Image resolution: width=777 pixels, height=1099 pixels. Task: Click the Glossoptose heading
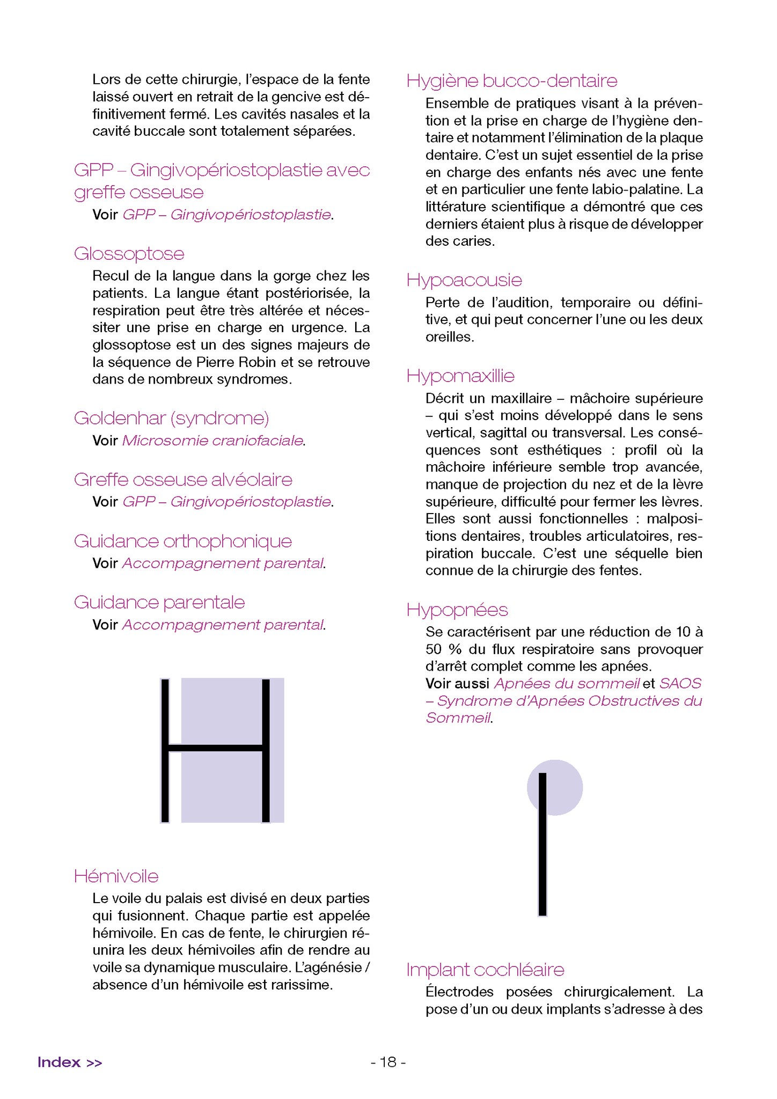point(129,254)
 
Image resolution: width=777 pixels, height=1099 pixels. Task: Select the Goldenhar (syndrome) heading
point(171,418)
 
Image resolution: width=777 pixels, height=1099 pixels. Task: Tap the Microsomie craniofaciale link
point(212,441)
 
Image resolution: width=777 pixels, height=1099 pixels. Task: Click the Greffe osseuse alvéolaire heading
point(183,480)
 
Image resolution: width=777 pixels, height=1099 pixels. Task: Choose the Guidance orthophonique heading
point(182,541)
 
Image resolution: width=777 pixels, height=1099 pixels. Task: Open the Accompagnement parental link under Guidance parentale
point(223,625)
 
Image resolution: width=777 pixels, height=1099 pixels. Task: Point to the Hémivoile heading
point(116,876)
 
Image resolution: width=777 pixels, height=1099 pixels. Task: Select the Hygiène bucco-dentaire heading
point(511,81)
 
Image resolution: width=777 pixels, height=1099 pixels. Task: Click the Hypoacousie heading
point(464,280)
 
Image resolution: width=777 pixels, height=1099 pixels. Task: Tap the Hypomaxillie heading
point(460,376)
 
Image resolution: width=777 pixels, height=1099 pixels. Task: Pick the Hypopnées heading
point(457,610)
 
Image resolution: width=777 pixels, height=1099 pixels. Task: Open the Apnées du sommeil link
point(567,684)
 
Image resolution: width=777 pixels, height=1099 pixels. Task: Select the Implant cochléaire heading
point(485,970)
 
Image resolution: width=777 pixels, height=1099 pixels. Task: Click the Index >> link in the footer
point(70,1063)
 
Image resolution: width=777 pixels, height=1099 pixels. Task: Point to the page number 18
point(388,1062)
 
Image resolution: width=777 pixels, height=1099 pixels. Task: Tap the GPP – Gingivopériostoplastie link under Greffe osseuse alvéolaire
point(226,502)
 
